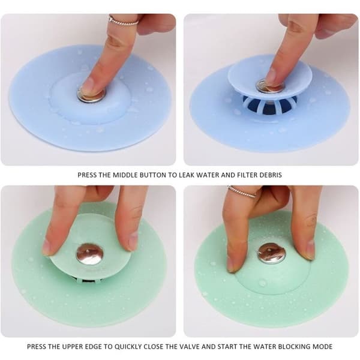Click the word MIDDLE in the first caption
(125, 175)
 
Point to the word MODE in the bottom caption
(323, 346)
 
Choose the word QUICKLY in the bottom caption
(128, 346)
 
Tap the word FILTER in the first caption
(247, 175)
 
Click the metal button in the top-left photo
(92, 95)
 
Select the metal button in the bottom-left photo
(89, 254)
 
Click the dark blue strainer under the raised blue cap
(269, 104)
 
